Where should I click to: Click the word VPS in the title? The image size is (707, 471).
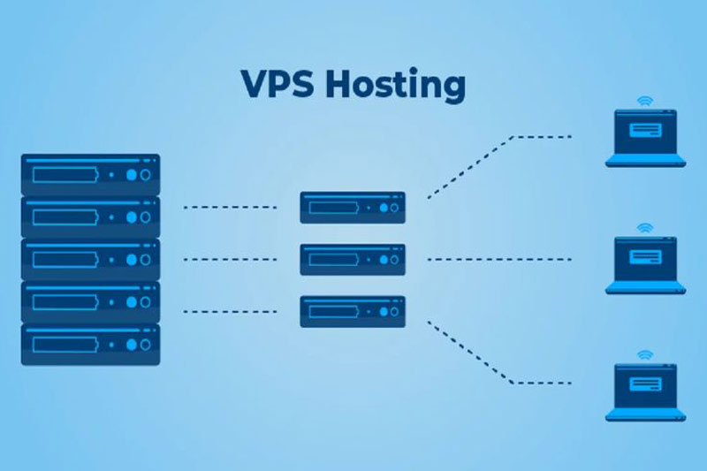pyautogui.click(x=276, y=84)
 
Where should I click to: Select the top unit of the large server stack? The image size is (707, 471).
pyautogui.click(x=90, y=174)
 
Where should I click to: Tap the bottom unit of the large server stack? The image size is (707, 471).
pyautogui.click(x=90, y=344)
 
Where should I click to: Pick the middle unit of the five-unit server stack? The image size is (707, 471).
pyautogui.click(x=90, y=259)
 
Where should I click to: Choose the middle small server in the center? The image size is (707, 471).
pyautogui.click(x=353, y=259)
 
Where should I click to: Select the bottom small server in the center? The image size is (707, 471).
pyautogui.click(x=353, y=311)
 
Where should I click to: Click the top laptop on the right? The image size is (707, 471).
pyautogui.click(x=645, y=138)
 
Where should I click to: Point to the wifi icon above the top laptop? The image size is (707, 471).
pyautogui.click(x=645, y=100)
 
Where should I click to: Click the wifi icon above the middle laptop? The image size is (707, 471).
pyautogui.click(x=645, y=227)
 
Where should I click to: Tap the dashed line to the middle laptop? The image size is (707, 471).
pyautogui.click(x=499, y=259)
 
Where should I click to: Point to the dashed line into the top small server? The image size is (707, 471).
pyautogui.click(x=230, y=207)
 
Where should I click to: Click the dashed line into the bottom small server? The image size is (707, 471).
pyautogui.click(x=230, y=311)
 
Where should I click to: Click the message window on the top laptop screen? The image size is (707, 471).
pyautogui.click(x=645, y=131)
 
